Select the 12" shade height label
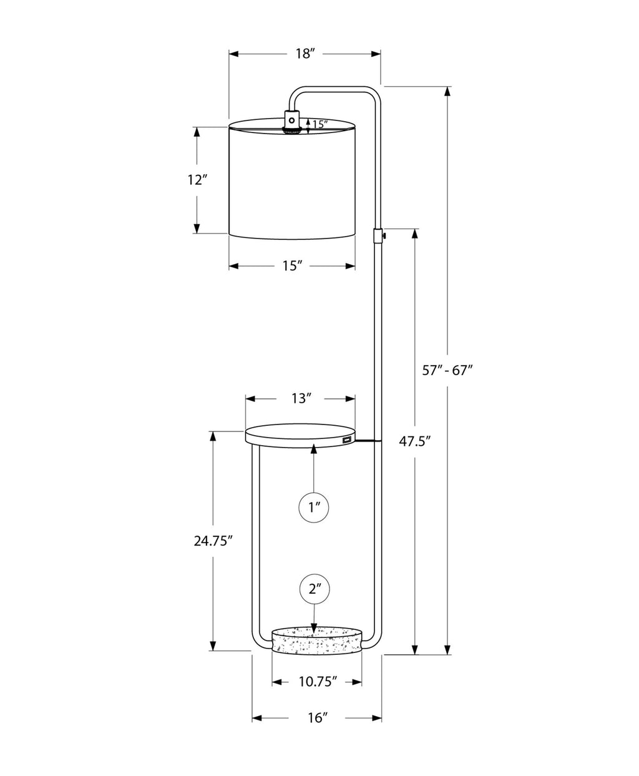[197, 180]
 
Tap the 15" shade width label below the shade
[291, 266]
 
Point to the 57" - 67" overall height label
[447, 370]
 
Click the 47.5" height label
[415, 442]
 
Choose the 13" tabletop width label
[300, 398]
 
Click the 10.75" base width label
[317, 681]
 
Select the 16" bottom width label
[317, 719]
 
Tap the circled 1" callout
[314, 507]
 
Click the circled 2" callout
[314, 589]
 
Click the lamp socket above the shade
[291, 121]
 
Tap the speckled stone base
[317, 642]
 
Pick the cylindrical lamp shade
[292, 181]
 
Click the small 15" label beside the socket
[319, 124]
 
